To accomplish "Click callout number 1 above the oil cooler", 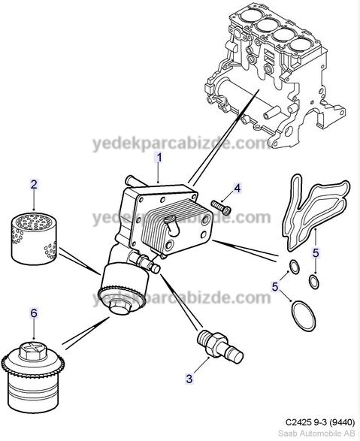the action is pos(159,158).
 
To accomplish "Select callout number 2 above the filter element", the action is pos(34,185).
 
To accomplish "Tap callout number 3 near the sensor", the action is pos(189,379).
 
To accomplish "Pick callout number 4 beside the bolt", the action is pos(237,189).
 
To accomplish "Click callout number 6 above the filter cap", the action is pos(34,313).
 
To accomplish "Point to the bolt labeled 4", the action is pos(221,207).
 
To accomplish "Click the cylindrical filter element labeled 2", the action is pos(34,238).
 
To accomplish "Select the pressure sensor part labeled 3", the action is pos(220,346).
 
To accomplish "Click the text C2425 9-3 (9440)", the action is pos(320,422).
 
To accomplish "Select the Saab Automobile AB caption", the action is pos(316,433).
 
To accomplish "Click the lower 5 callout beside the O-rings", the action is pos(275,286).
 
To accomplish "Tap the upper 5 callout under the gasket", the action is pos(316,253).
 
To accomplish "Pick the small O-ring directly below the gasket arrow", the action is pos(314,282).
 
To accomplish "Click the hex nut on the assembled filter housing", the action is pos(120,306).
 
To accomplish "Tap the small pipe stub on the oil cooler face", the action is pos(172,225).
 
